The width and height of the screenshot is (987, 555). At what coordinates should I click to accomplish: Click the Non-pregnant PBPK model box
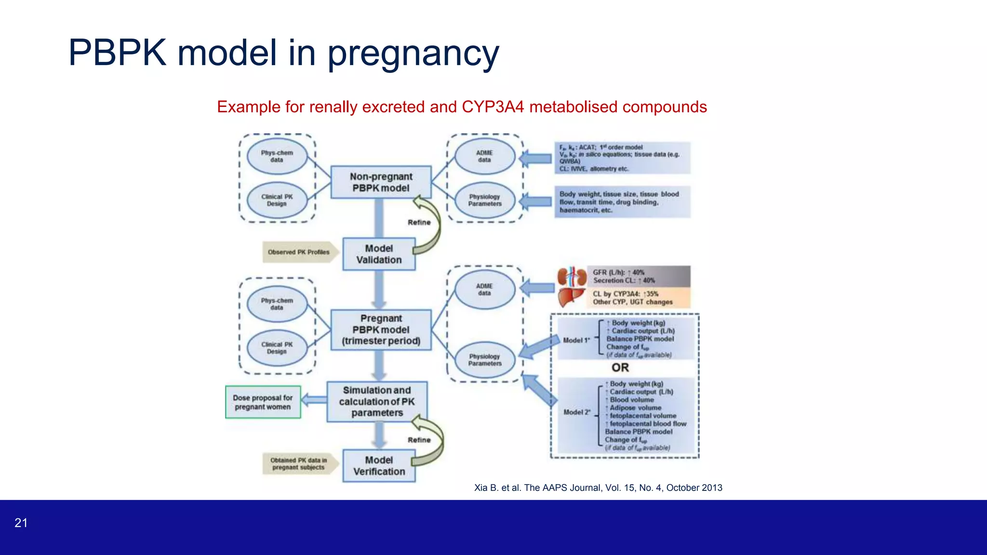[381, 182]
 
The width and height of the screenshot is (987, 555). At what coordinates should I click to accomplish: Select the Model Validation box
[379, 254]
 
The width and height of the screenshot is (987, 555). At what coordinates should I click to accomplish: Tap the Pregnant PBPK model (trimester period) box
[381, 330]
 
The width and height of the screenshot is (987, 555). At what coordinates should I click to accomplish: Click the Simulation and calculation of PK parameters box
[377, 401]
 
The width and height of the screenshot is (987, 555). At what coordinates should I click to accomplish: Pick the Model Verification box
[379, 466]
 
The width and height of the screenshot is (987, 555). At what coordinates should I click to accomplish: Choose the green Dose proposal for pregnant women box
[263, 402]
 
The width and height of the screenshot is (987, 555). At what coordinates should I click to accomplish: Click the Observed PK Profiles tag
[299, 252]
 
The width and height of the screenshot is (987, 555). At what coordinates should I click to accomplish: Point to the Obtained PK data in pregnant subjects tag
[298, 463]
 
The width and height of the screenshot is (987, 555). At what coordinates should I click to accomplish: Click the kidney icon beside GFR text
[572, 277]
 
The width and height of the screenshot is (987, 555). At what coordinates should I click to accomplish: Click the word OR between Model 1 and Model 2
[620, 368]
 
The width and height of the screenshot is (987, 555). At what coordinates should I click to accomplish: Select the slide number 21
[21, 523]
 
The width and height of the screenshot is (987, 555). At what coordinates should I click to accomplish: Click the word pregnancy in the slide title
[413, 53]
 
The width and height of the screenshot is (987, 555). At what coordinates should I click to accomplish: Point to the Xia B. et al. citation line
[598, 488]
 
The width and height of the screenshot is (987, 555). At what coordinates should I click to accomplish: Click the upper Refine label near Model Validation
[419, 222]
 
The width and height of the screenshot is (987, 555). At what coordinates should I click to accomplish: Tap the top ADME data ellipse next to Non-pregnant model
[484, 156]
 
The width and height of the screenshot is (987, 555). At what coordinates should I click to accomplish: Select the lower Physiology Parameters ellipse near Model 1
[484, 360]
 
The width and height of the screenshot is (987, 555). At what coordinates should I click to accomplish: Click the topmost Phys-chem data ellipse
[277, 156]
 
